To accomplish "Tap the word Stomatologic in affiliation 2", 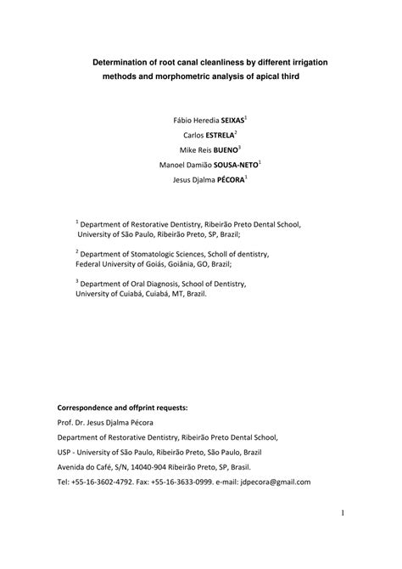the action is [x=149, y=253].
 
